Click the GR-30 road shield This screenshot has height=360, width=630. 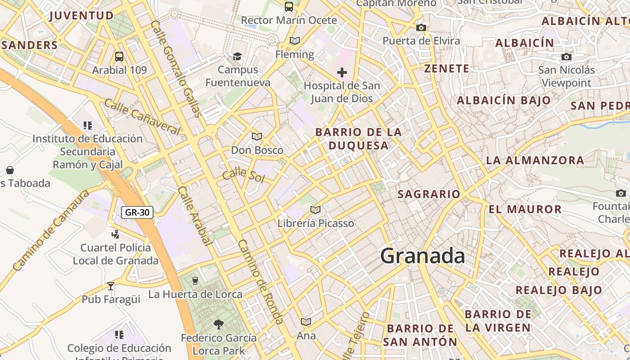coord(137,212)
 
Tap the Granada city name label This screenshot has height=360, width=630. coord(423,256)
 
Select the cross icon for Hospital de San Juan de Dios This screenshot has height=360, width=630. coord(342,72)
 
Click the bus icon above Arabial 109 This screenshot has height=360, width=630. coord(119,57)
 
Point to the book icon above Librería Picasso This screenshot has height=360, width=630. coord(315,210)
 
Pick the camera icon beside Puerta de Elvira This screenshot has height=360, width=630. coord(421,28)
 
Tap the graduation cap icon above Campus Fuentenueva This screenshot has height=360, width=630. coord(237,56)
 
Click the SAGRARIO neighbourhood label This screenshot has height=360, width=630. coord(429,194)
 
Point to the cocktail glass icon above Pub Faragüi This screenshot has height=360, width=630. coord(111,286)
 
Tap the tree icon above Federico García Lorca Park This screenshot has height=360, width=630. coord(219,324)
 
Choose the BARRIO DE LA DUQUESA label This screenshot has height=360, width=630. coord(359,139)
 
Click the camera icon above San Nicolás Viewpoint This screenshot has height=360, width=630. coord(567,57)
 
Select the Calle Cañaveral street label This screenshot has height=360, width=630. coord(142,117)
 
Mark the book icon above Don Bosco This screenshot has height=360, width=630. coord(257,136)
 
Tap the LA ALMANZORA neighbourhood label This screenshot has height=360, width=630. coord(535,160)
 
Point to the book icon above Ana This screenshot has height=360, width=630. coord(306,322)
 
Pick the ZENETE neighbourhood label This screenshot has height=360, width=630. coord(447,69)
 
